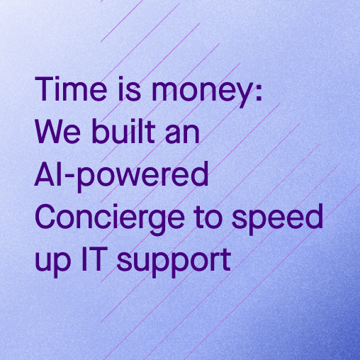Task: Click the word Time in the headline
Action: pos(71,89)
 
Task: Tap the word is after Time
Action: pos(130,89)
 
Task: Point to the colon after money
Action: pos(259,91)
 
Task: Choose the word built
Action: pos(123,130)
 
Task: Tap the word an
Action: pos(182,134)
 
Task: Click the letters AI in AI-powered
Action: pos(49,174)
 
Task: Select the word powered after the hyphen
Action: pos(142,176)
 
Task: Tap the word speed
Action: pos(277,219)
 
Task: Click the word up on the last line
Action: pos(52,262)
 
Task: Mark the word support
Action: pos(174,263)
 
